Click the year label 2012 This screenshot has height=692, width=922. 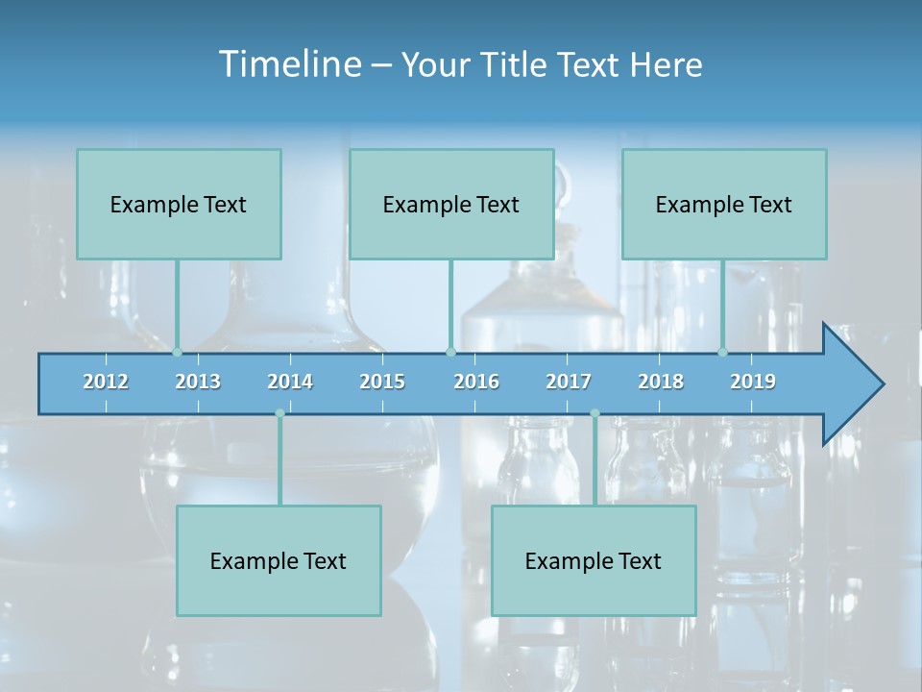106,382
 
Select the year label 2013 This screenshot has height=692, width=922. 198,382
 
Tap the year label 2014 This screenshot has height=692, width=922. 290,382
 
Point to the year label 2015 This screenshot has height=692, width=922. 382,382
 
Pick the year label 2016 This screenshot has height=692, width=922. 476,382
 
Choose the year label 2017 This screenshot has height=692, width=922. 569,382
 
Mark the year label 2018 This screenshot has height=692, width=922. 661,382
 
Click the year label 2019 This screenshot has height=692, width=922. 753,382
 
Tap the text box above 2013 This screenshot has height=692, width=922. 179,204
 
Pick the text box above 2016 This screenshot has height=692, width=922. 451,204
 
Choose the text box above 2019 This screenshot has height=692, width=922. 724,204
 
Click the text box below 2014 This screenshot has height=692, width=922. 279,560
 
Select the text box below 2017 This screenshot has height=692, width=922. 594,560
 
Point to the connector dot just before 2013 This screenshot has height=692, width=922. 178,352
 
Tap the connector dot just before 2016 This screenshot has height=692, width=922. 450,352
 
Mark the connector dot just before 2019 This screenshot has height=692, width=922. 723,352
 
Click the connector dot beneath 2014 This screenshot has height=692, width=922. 279,413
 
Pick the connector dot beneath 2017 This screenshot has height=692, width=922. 594,413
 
